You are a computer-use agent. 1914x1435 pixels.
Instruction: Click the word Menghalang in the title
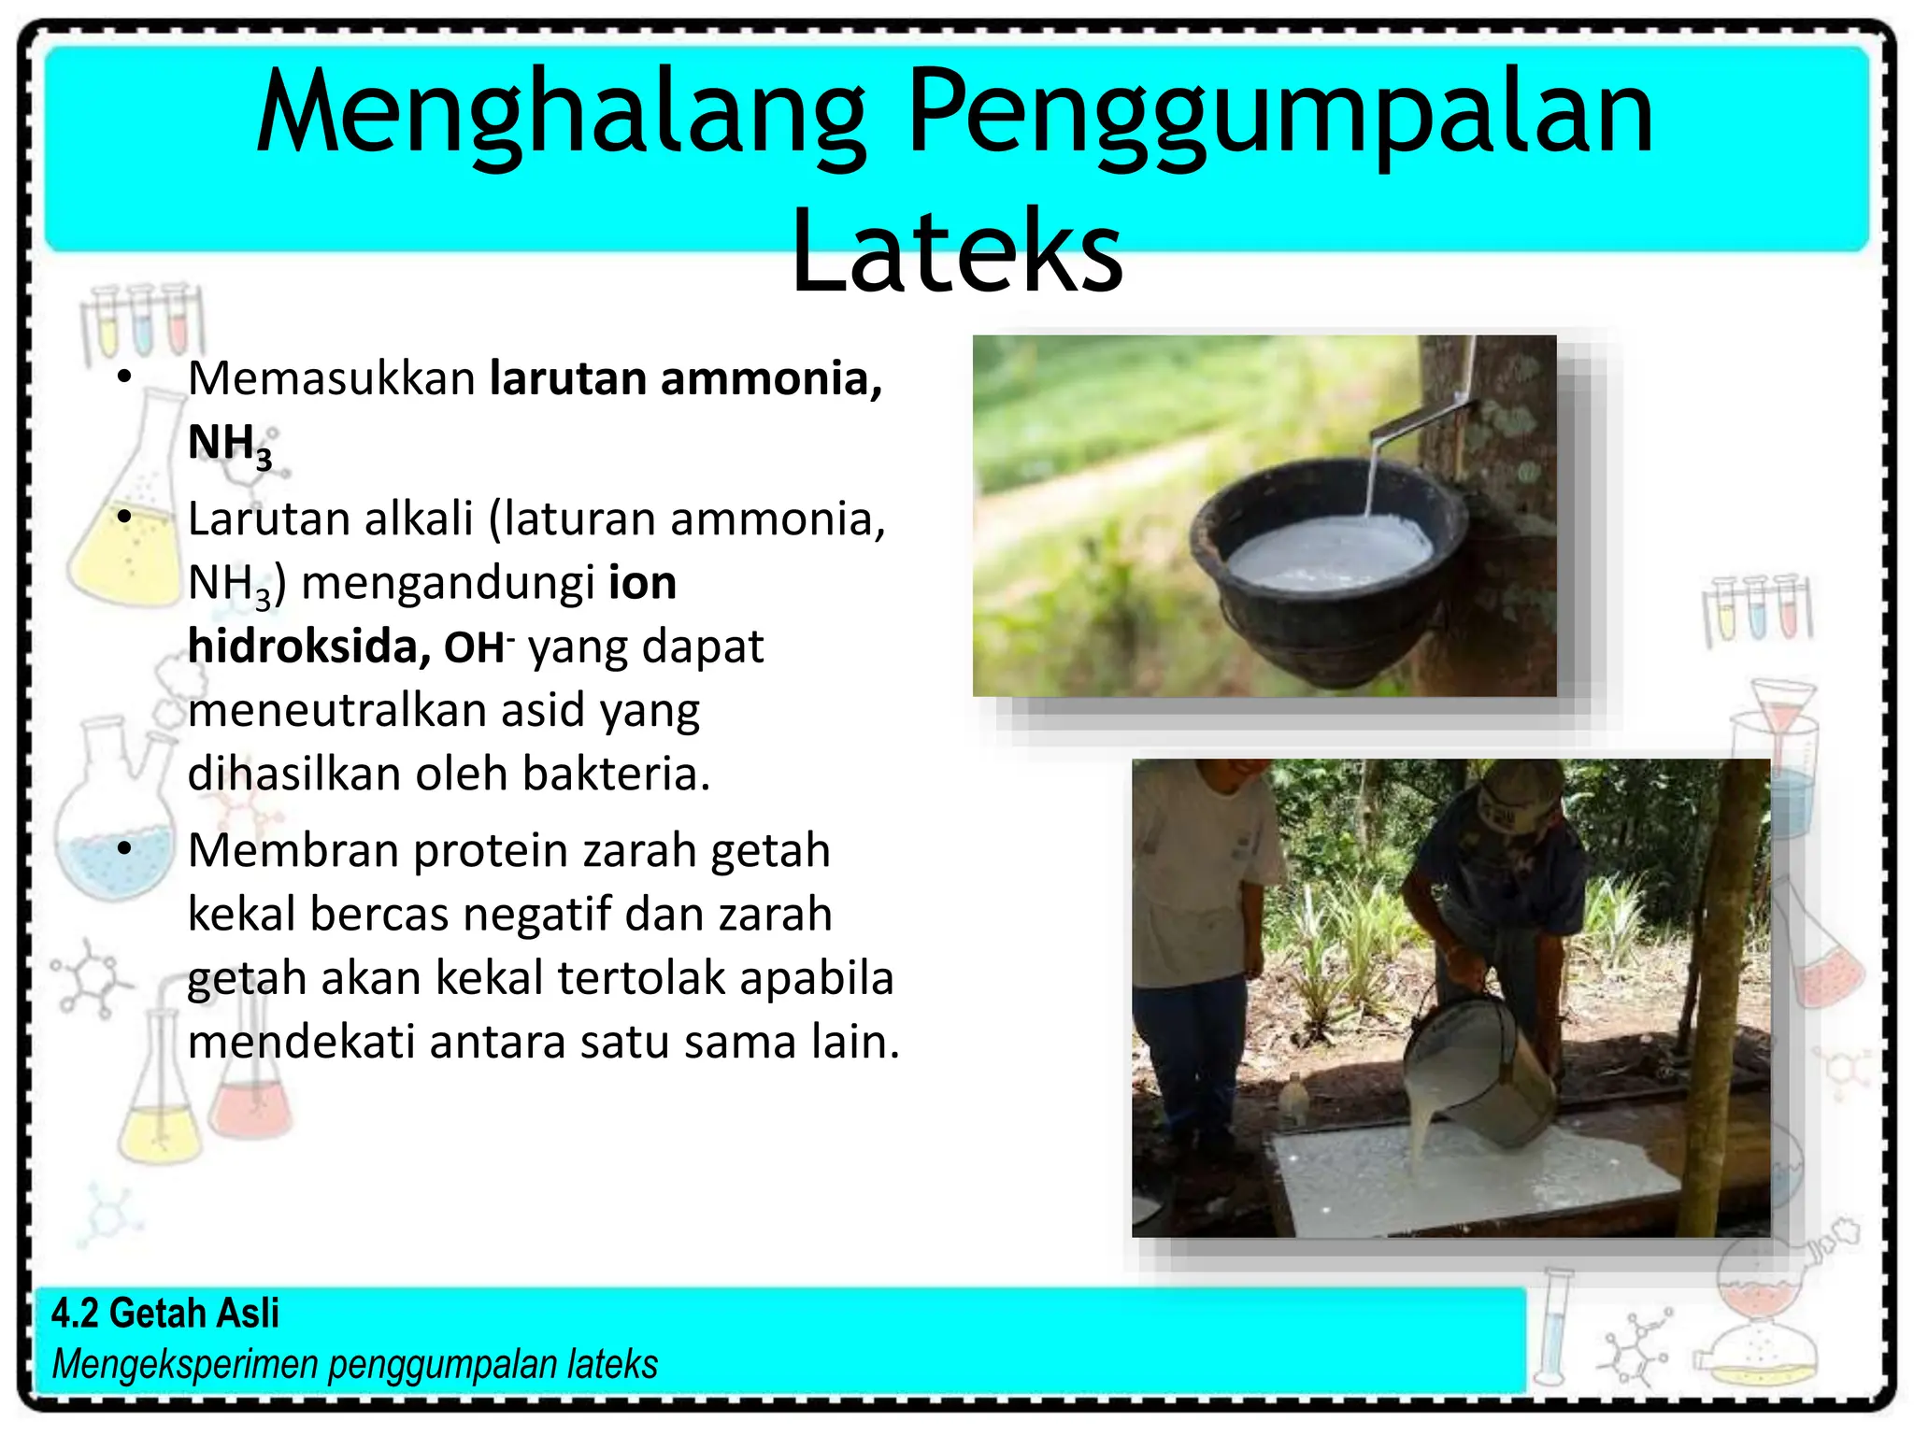coord(561,114)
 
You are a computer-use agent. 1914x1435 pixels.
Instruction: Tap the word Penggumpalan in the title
coord(1280,114)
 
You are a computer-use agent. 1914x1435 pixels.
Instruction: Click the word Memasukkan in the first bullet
coord(332,378)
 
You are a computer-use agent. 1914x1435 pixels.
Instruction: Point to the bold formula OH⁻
coord(478,646)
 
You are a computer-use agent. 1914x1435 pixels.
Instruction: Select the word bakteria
coord(616,774)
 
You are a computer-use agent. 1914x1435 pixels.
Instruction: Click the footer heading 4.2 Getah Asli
coord(165,1313)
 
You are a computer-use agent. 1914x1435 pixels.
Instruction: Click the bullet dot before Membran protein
coord(125,849)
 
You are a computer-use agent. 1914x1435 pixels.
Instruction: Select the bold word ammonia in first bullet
coord(771,378)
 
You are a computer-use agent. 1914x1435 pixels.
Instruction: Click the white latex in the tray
coord(1477,1182)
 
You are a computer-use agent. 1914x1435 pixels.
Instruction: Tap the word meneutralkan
coord(336,710)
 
